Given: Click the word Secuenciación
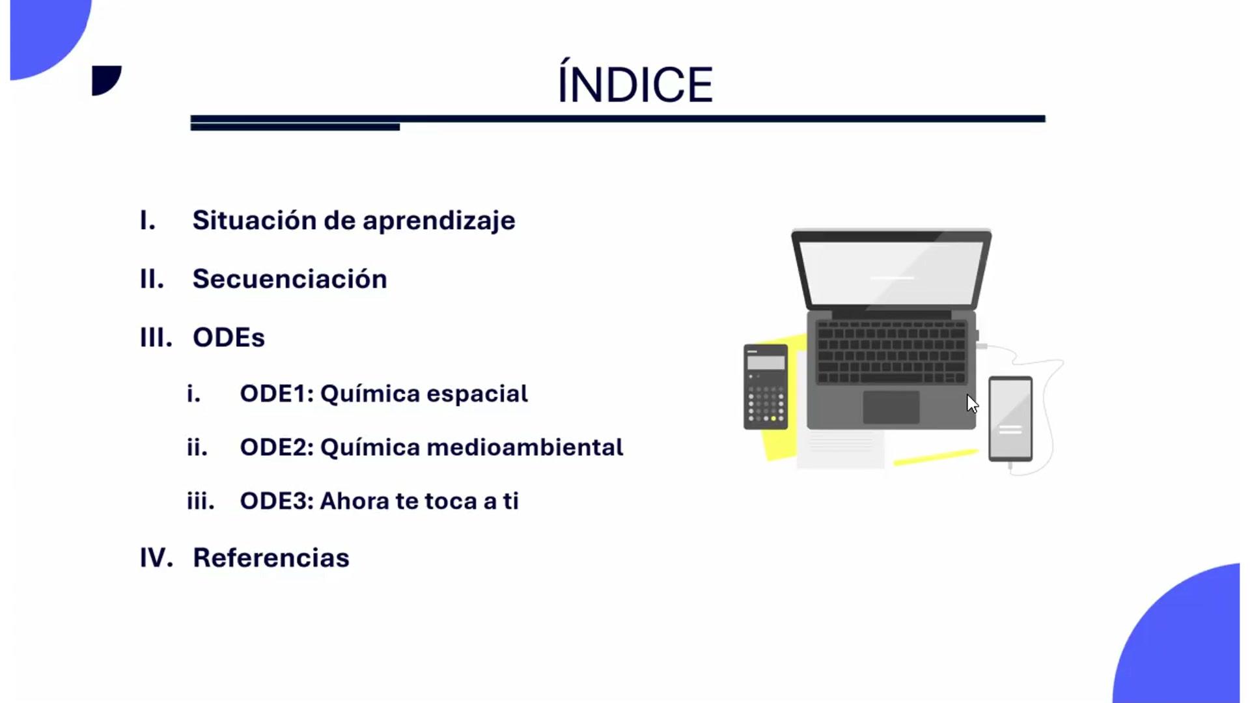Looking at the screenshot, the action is click(290, 279).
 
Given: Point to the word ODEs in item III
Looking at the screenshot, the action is click(229, 337).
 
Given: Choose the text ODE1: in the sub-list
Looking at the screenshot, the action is click(277, 393).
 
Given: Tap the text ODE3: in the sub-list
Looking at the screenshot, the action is click(277, 501).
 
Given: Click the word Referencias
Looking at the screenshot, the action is click(271, 558).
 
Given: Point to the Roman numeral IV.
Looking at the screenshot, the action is click(156, 558).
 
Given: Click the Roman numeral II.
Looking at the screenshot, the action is click(152, 279).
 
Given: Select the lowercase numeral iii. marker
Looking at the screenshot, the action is click(201, 501).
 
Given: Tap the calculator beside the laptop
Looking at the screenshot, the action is click(766, 387).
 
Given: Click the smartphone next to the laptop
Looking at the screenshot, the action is click(1010, 419).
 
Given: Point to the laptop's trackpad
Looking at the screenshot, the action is click(891, 407).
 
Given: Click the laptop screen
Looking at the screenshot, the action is click(891, 272).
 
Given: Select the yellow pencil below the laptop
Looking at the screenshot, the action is click(936, 457).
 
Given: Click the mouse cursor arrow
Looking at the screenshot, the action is click(972, 404).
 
